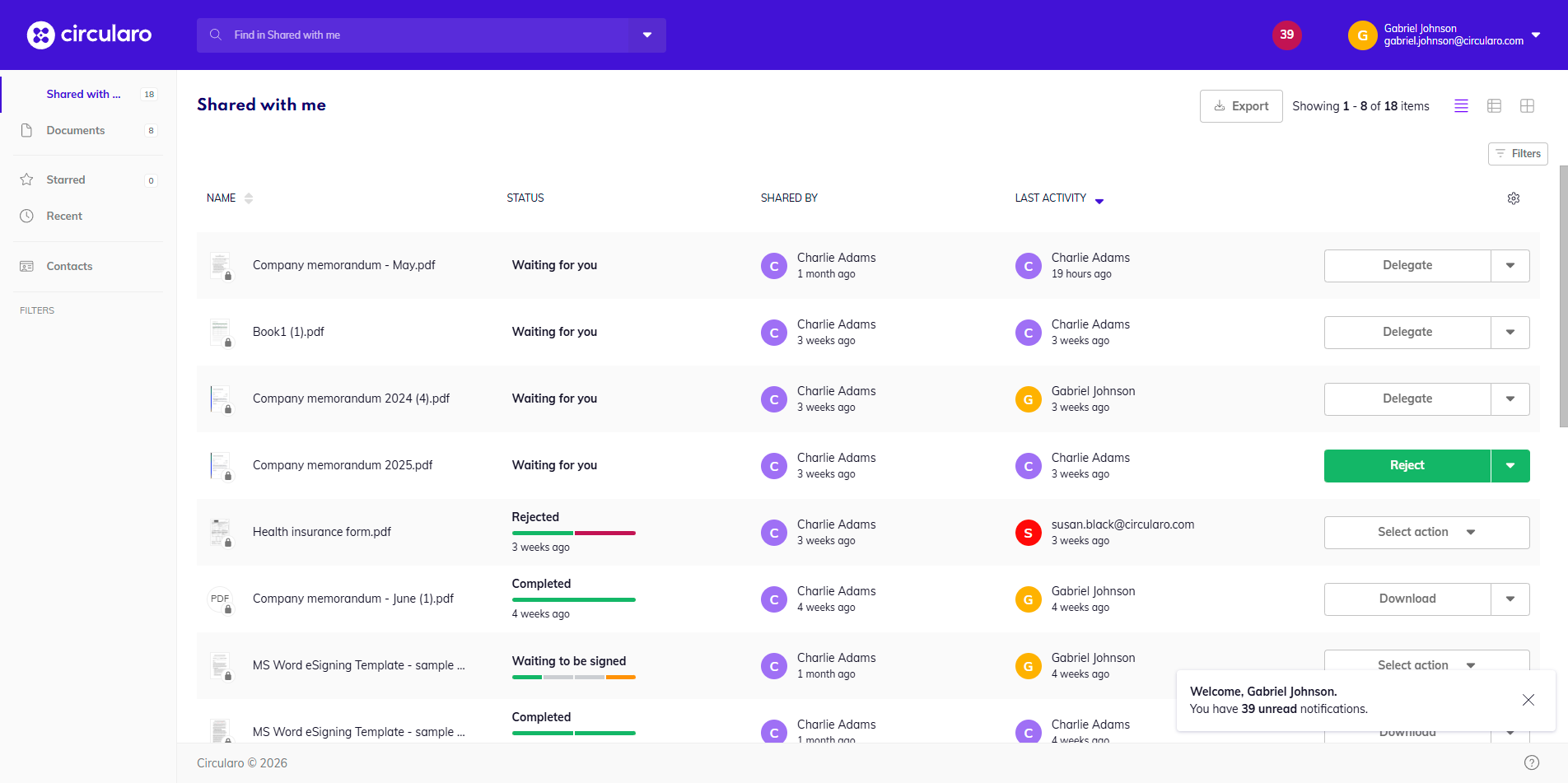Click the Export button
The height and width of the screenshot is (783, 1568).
point(1240,106)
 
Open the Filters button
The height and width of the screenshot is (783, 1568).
point(1517,154)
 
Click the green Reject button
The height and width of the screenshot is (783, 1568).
point(1407,466)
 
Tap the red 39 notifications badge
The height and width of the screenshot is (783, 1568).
point(1286,35)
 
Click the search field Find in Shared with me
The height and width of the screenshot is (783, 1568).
point(412,35)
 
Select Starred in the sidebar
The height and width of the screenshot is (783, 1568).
point(66,180)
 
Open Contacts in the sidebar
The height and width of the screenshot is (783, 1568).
point(69,267)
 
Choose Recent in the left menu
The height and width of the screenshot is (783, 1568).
point(64,217)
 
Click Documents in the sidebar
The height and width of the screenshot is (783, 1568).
point(75,131)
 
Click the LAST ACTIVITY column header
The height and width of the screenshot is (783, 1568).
point(1050,198)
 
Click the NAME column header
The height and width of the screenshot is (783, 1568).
point(221,198)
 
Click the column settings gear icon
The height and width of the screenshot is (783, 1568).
point(1513,198)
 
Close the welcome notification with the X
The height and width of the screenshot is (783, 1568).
point(1528,700)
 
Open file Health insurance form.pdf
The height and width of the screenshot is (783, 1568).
point(321,533)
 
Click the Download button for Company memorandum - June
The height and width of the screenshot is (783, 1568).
point(1407,599)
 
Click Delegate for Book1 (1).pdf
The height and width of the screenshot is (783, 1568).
point(1407,333)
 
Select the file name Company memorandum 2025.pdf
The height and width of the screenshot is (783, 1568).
point(342,466)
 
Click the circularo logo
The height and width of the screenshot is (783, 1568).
point(89,35)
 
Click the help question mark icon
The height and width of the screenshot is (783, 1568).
point(1531,762)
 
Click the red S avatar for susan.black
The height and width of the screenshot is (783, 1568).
point(1027,534)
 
